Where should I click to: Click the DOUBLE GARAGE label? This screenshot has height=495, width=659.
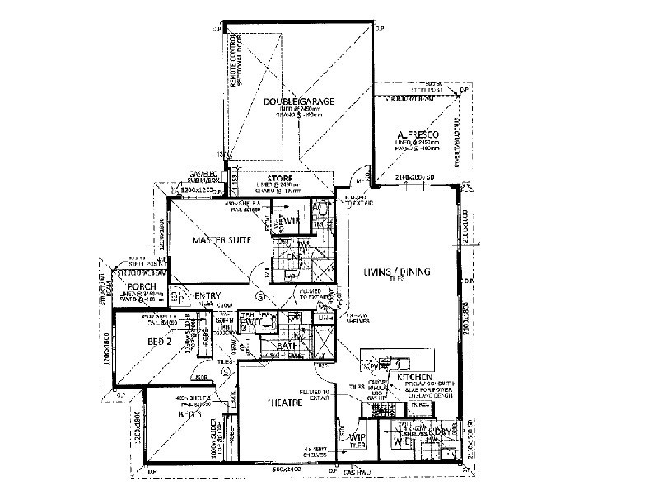[298, 101]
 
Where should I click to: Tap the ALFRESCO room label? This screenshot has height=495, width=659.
[414, 134]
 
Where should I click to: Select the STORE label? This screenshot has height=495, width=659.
[281, 178]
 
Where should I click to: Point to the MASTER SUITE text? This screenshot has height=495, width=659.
[222, 240]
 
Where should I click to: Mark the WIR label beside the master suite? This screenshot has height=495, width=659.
[290, 220]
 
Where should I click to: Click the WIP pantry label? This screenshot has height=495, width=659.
[357, 437]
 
